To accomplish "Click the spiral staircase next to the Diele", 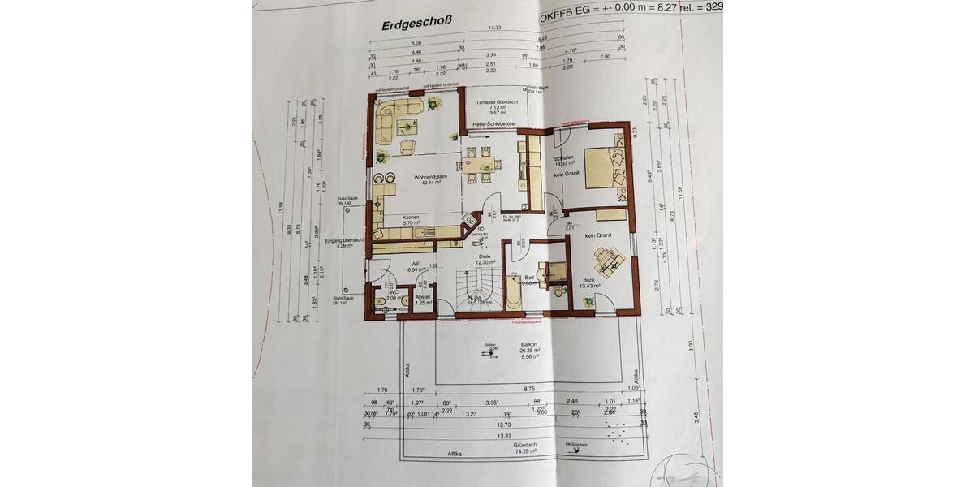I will click(474, 287).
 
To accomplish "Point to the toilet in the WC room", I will click(381, 301).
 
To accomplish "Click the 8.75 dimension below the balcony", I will click(528, 391).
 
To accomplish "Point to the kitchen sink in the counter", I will click(422, 234).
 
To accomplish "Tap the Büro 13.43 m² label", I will click(589, 282).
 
